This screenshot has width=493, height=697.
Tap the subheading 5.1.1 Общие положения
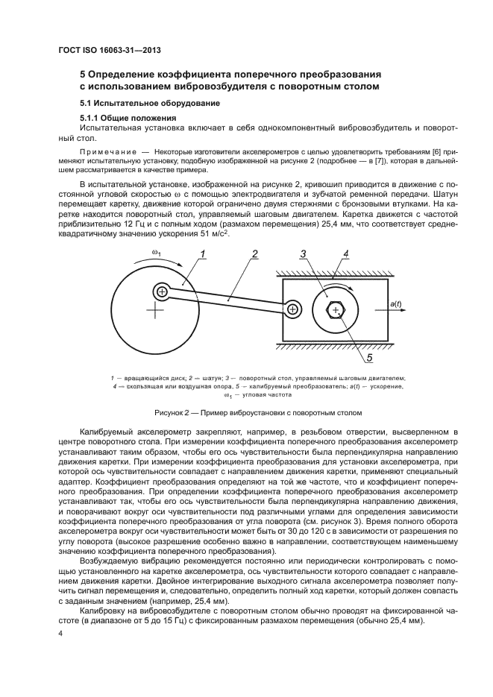coord(128,118)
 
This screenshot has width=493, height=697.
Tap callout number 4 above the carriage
coord(345,255)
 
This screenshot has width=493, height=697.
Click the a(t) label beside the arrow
coord(395,303)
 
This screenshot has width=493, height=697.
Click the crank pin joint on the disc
coord(161,291)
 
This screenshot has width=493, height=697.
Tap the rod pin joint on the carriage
coord(292,309)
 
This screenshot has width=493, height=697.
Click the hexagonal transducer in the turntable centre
coord(336,309)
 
